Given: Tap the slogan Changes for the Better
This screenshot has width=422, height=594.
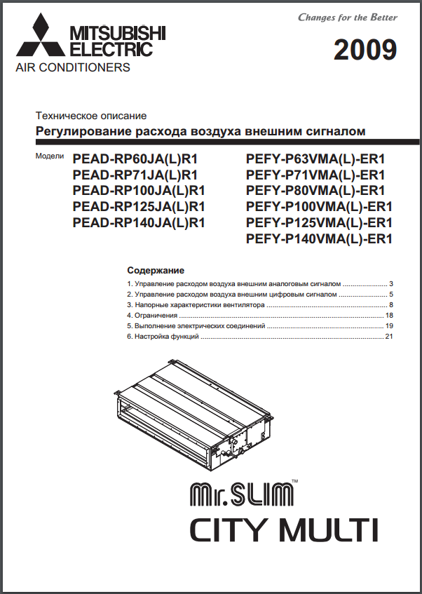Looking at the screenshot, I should point(348,17).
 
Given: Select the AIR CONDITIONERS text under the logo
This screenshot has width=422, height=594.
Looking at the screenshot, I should point(73,68).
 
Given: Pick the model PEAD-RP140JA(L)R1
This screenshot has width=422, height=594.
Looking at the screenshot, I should point(138,223).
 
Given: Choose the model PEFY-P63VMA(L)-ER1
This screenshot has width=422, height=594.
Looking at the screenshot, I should point(316,158).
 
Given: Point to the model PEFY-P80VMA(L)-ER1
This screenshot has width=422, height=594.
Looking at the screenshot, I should point(316,191).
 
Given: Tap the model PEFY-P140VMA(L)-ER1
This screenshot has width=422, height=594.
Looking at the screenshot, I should point(319,239).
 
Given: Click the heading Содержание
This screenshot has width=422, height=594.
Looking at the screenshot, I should point(155,270).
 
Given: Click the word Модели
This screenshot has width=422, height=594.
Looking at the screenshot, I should point(50,156).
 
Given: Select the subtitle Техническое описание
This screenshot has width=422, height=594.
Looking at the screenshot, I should point(91,116).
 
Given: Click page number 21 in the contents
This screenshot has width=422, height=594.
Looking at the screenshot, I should point(389,337).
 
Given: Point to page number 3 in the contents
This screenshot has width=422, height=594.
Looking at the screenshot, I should point(391,284).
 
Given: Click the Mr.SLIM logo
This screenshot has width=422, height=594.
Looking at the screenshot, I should point(242,494).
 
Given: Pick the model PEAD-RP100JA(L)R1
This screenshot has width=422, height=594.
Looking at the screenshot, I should point(138,191).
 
